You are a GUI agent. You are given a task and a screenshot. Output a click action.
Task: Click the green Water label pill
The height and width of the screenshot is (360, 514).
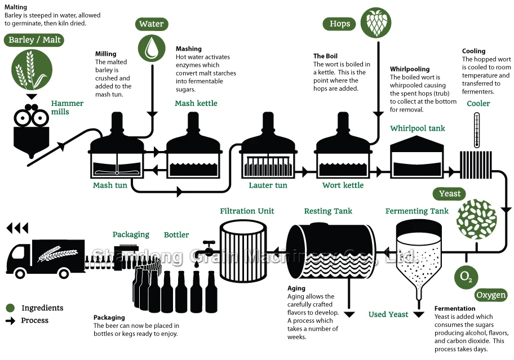(152, 24)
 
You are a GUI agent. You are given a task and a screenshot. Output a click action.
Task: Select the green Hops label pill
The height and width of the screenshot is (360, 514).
(340, 24)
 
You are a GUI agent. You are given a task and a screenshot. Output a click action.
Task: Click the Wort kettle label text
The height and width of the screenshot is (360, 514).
(343, 185)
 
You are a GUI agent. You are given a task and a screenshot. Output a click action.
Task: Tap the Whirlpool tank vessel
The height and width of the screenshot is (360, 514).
(418, 158)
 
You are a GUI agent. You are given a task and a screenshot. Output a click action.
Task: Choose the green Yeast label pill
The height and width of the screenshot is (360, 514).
(450, 194)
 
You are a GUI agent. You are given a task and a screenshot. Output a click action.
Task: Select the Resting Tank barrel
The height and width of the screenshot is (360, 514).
(331, 251)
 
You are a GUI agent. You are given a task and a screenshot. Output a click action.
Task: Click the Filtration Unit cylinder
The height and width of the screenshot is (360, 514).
(243, 251)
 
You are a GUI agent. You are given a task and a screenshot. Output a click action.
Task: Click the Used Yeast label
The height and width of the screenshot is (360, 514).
(388, 314)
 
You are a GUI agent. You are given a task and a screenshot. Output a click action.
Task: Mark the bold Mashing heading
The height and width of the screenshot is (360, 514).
(188, 49)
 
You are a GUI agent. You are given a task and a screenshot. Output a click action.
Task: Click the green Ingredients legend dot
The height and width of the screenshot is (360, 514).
(10, 308)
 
